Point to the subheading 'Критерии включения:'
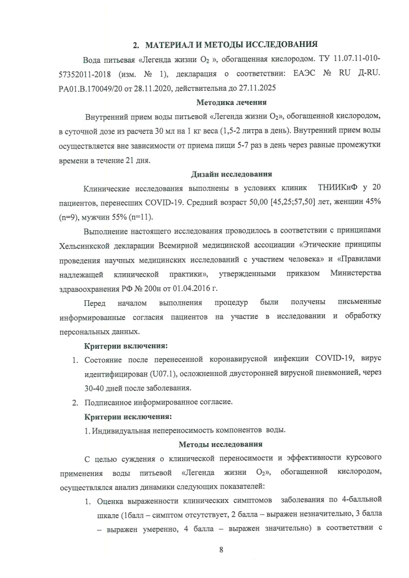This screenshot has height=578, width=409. [x=125, y=345]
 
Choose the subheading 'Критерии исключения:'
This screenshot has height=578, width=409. [x=128, y=417]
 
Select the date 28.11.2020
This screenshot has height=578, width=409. [x=154, y=89]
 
